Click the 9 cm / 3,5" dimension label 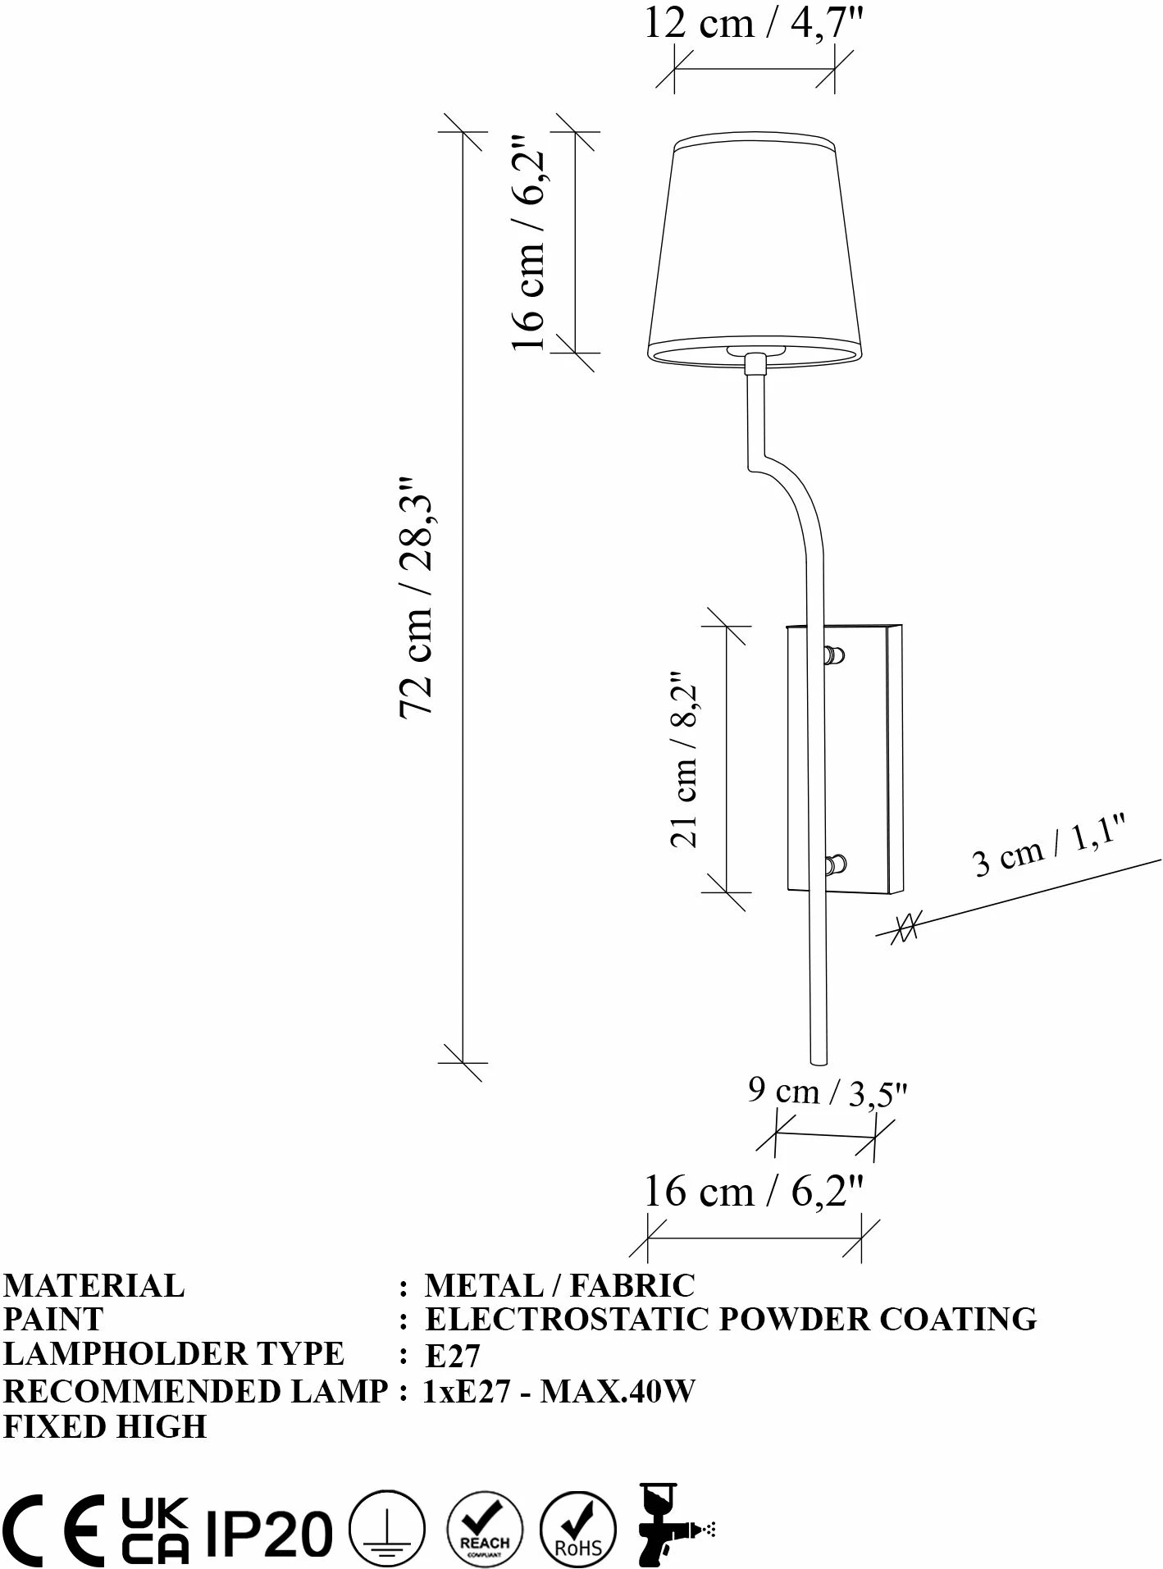(828, 1092)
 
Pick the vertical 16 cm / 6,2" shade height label (529, 241)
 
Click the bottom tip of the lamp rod (819, 1062)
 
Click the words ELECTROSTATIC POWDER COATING (731, 1318)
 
